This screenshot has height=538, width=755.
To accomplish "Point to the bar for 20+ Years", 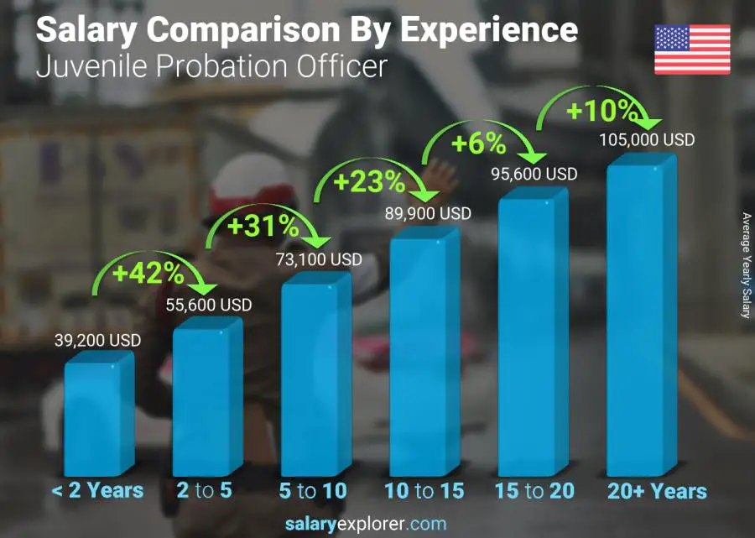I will click(x=641, y=319).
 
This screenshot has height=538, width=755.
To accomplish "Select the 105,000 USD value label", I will click(x=648, y=139).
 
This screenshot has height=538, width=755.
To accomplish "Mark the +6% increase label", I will click(x=478, y=144).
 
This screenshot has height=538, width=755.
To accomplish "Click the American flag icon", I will click(x=692, y=50).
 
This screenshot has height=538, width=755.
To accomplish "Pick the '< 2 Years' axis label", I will click(x=98, y=491).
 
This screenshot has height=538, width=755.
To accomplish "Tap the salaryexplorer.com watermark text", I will click(x=377, y=525).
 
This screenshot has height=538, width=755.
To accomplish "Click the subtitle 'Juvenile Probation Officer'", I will click(x=211, y=65).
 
